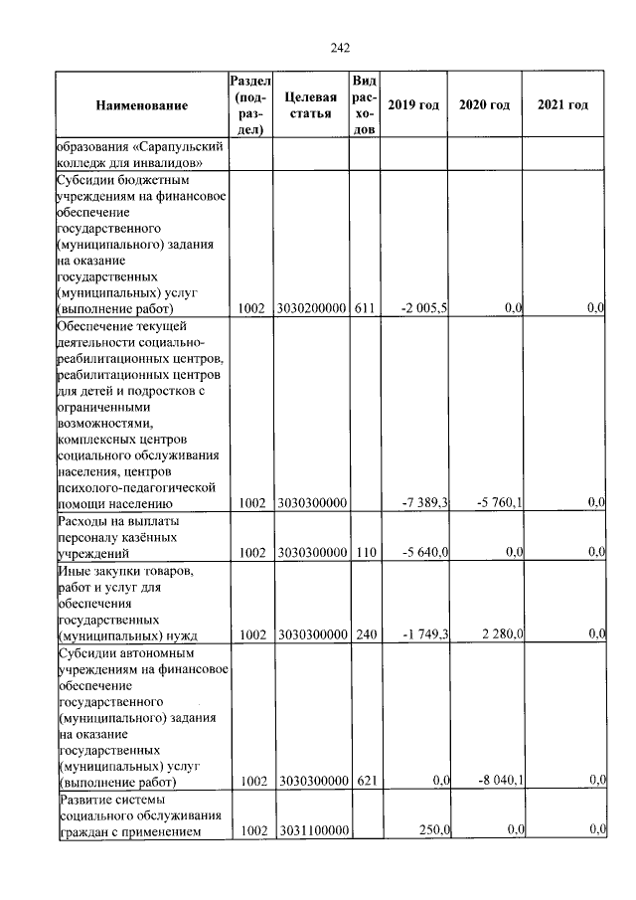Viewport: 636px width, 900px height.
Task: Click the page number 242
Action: pos(340,47)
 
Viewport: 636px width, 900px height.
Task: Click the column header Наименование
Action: pos(142,105)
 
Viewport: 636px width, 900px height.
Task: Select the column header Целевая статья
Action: pos(310,105)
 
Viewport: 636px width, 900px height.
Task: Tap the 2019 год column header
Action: pos(413,105)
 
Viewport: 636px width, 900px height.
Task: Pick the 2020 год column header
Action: pos(484,105)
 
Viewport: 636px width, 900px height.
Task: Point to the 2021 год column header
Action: pos(561,105)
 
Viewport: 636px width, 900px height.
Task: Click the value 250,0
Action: pos(433,829)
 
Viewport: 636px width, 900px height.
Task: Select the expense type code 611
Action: pos(364,309)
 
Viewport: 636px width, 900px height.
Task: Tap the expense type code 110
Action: pos(364,552)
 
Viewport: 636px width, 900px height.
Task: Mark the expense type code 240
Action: pos(364,633)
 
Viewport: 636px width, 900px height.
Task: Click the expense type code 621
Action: pos(364,781)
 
